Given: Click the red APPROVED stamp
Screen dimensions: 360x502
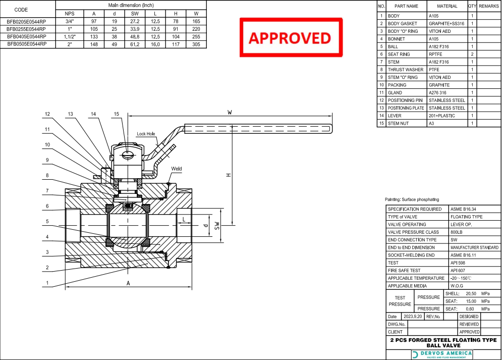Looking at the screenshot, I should click(290, 37).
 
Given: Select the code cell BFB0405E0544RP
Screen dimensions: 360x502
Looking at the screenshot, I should click(27, 36).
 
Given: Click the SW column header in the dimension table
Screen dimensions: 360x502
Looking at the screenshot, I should click(135, 13).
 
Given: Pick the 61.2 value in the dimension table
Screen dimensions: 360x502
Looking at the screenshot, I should click(135, 44).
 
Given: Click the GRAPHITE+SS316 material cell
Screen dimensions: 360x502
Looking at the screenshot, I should click(447, 24).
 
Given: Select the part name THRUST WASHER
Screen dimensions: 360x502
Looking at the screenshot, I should click(406, 70).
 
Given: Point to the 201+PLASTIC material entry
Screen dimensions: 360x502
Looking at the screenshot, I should click(441, 116).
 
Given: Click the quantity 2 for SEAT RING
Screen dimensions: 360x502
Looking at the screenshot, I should click(472, 54).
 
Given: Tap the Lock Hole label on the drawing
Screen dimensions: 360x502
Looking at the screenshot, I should click(146, 134).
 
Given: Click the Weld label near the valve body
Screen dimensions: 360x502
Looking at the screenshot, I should click(177, 169).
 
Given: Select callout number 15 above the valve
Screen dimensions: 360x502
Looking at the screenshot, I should click(117, 115).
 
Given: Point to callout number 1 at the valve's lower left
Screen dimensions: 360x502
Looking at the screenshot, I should click(47, 283).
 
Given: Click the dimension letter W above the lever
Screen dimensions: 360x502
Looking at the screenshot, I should click(230, 113).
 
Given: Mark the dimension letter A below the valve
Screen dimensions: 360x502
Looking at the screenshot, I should click(128, 283).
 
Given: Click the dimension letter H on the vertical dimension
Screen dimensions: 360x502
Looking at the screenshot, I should click(228, 175).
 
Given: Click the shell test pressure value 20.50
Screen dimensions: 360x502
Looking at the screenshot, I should click(471, 293).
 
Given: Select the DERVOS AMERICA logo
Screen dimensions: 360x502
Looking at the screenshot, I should click(443, 354).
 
